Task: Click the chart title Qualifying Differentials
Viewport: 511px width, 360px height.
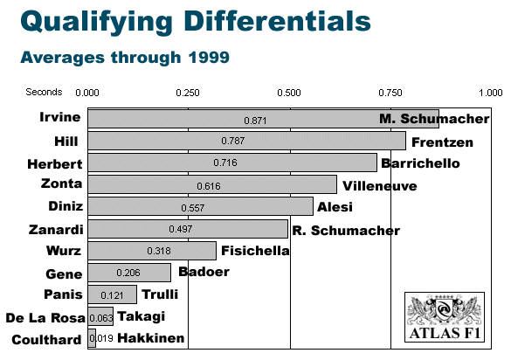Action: pos(196,22)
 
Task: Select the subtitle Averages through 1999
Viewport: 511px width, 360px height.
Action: pos(125,58)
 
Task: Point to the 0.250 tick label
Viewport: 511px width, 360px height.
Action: pos(188,93)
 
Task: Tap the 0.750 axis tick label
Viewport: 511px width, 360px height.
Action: pos(390,93)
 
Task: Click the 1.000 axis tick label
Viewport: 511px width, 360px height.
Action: pos(490,93)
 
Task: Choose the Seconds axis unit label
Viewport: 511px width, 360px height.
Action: pos(44,92)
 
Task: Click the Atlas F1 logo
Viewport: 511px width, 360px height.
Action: pos(445,317)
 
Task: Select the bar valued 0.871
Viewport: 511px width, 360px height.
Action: pos(263,119)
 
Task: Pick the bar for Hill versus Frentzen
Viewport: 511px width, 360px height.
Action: pos(246,141)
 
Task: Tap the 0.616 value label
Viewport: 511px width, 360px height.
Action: pos(209,186)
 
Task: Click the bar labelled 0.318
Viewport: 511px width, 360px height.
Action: pos(152,251)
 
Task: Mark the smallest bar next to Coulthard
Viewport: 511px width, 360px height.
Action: pos(92,338)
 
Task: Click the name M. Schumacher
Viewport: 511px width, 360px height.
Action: pos(434,119)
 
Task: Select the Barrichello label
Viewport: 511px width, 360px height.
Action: pos(420,163)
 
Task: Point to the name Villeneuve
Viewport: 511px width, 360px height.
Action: pos(380,186)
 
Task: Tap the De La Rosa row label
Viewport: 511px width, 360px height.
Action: pos(45,317)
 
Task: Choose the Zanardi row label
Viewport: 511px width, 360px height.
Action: pos(56,230)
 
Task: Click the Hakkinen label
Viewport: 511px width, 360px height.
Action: pos(151,338)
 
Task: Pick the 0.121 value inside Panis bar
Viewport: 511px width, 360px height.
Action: pos(112,295)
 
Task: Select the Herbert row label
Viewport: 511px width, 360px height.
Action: pos(55,164)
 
